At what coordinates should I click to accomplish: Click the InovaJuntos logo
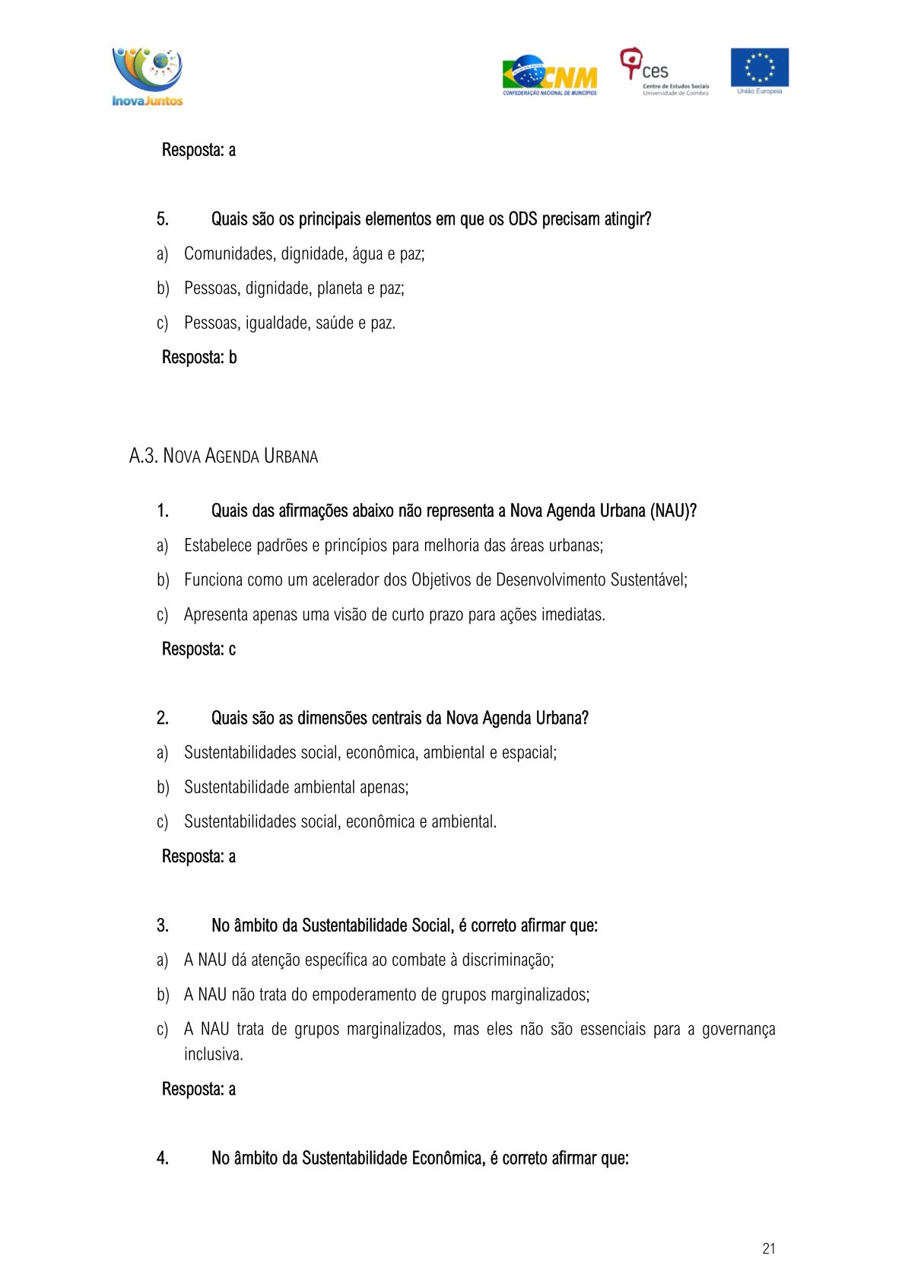coord(148,76)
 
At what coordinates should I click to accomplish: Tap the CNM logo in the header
coord(549,75)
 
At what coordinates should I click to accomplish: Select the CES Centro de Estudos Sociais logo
coord(663,72)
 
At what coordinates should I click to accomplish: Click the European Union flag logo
coord(759,70)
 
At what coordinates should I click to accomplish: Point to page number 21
coord(768,1248)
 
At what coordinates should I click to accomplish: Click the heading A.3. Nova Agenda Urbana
coord(224,456)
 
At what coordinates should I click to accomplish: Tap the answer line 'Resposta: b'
coord(199,357)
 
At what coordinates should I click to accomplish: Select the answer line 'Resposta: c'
coord(198,649)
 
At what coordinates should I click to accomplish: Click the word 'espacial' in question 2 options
coord(529,753)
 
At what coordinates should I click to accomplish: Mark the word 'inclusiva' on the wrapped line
coord(213,1054)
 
